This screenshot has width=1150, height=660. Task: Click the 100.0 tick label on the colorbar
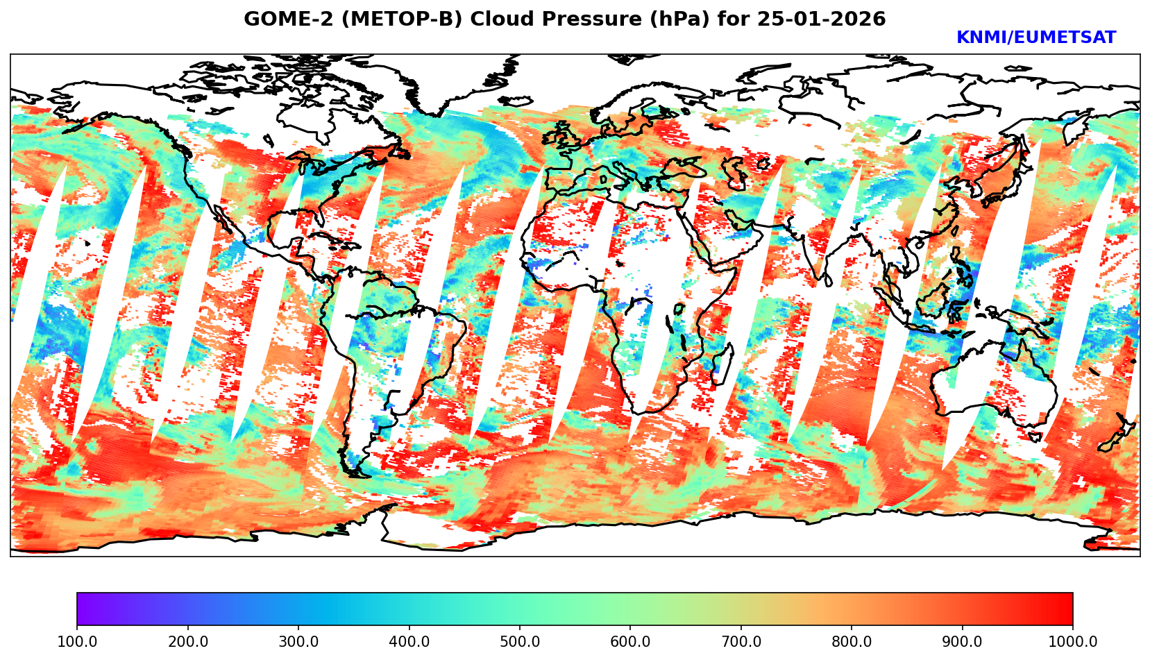coord(77,642)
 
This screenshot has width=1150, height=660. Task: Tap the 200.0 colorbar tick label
coord(187,642)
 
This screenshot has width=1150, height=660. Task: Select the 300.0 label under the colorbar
coord(298,642)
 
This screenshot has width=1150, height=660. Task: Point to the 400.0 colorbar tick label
coord(409,642)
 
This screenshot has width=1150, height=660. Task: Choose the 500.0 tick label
coord(520,642)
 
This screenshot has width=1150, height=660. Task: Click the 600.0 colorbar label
coord(630,642)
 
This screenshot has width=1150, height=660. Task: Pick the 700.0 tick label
coord(741,642)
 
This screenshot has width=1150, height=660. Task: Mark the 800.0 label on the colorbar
coord(852,642)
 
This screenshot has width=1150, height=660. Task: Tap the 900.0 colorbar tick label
coord(963,642)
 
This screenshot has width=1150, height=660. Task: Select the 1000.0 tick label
coord(1073,642)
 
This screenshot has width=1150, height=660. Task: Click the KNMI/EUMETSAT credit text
coord(1035,38)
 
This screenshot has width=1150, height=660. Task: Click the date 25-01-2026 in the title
coord(821,19)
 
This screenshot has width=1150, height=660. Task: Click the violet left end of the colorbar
coord(82,609)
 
